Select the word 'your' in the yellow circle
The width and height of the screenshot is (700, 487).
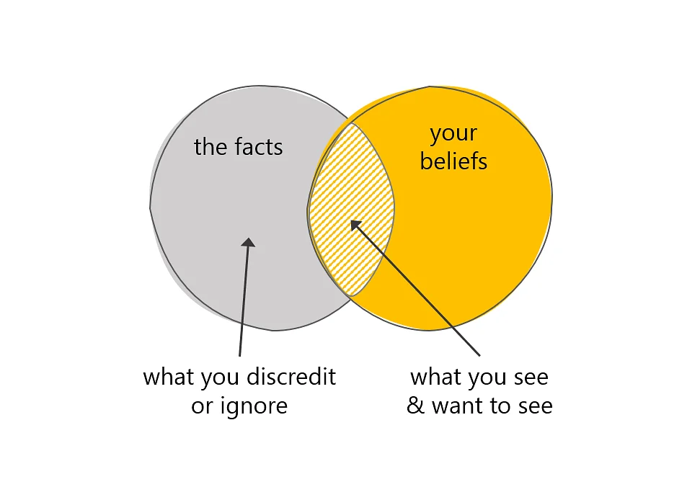(x=453, y=134)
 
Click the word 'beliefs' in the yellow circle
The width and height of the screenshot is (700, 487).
(x=453, y=161)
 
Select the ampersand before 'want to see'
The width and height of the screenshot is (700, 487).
(x=416, y=406)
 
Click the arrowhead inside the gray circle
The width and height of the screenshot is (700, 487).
(x=248, y=242)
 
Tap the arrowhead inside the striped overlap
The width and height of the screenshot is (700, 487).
(x=355, y=225)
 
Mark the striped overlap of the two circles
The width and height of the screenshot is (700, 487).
(x=351, y=209)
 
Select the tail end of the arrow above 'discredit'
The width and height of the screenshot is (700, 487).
(x=240, y=356)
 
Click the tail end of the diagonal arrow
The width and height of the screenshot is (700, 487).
(x=480, y=356)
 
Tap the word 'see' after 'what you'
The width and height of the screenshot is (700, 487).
(x=531, y=378)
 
